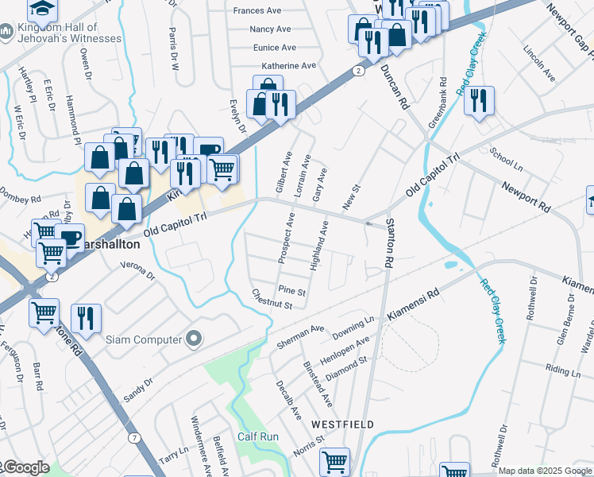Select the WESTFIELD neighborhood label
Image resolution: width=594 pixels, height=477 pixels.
(342, 425)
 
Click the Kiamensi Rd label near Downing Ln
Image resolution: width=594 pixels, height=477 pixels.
(413, 306)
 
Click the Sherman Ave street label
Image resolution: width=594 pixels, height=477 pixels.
(301, 336)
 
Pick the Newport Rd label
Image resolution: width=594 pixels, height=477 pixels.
(526, 196)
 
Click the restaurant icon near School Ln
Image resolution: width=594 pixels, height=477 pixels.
(479, 101)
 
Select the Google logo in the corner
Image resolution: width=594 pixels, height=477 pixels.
(25, 467)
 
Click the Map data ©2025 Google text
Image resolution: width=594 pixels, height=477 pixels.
(545, 471)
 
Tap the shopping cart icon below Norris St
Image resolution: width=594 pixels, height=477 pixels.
(334, 462)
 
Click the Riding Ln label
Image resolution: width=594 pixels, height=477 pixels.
(563, 370)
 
